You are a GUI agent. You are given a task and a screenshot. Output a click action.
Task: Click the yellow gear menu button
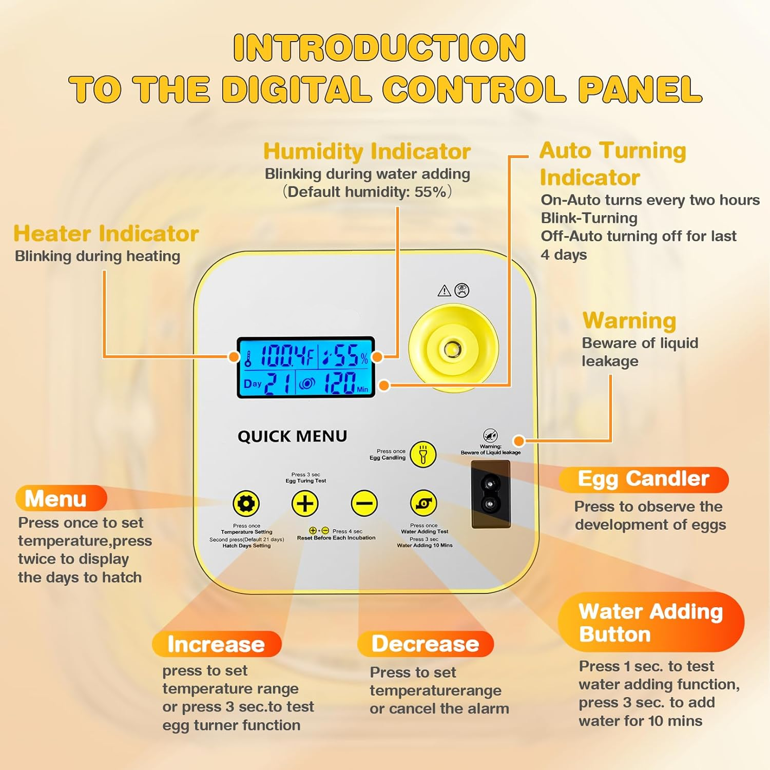[x=246, y=504]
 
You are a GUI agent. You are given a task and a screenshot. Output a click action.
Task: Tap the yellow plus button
[x=305, y=504]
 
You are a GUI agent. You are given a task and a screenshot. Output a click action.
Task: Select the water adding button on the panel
[x=423, y=504]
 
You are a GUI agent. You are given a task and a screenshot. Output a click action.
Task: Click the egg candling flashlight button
[x=423, y=454]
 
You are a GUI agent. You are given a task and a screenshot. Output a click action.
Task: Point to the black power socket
[x=491, y=494]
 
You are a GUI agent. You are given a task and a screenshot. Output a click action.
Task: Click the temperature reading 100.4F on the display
[x=287, y=355]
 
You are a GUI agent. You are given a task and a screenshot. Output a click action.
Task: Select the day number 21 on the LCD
[x=279, y=383]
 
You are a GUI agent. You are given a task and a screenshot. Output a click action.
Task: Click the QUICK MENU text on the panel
[x=292, y=436]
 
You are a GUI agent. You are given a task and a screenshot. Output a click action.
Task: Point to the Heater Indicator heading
[x=106, y=234]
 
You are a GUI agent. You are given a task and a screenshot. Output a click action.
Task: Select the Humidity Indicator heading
[x=367, y=151]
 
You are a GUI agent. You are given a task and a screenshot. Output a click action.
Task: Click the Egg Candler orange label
[x=644, y=479]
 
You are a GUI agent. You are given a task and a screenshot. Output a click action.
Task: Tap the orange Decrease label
[x=426, y=644]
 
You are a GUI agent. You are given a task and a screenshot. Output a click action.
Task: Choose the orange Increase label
[x=217, y=644]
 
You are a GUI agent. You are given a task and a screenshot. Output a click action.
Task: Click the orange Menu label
[x=61, y=498]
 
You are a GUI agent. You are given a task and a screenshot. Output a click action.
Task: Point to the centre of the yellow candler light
[x=453, y=349]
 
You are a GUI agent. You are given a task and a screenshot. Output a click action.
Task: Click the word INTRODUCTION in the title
[x=379, y=48]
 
